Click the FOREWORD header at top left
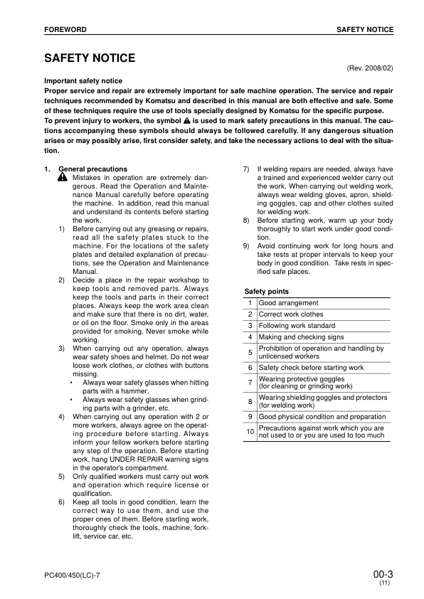[65, 30]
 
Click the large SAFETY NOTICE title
[90, 58]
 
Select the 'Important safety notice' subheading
[83, 81]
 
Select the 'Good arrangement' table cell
[288, 303]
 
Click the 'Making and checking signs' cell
[301, 337]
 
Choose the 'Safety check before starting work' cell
[311, 368]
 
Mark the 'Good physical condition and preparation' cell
[322, 417]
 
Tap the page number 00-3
[382, 573]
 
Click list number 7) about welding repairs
[246, 169]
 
